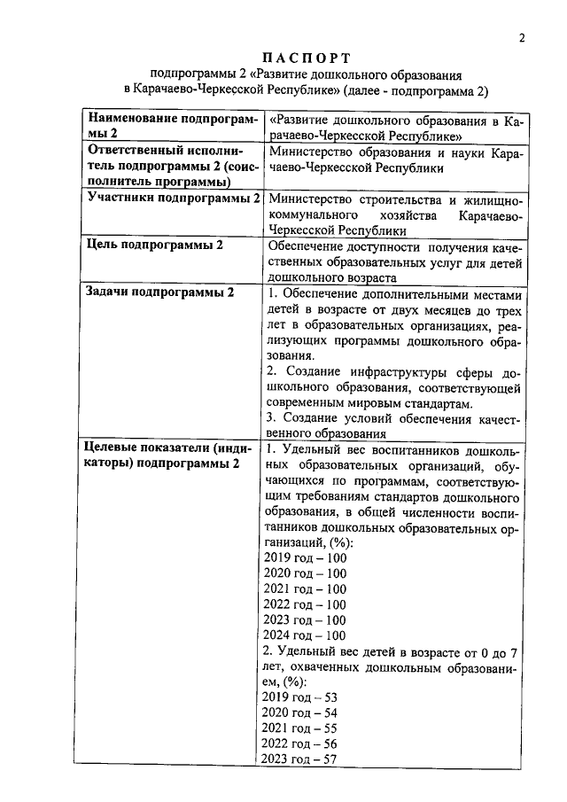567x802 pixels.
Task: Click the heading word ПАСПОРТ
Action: pyautogui.click(x=307, y=58)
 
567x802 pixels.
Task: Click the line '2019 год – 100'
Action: pyautogui.click(x=305, y=557)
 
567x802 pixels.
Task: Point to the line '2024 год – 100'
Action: pyautogui.click(x=305, y=635)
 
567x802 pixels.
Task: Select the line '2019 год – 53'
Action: pyautogui.click(x=301, y=698)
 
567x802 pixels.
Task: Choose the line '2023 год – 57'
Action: pyautogui.click(x=301, y=759)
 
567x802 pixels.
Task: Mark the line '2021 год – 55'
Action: pyautogui.click(x=301, y=728)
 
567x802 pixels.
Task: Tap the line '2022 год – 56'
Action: pyautogui.click(x=301, y=744)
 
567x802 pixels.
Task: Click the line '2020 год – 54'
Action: pyautogui.click(x=301, y=713)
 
